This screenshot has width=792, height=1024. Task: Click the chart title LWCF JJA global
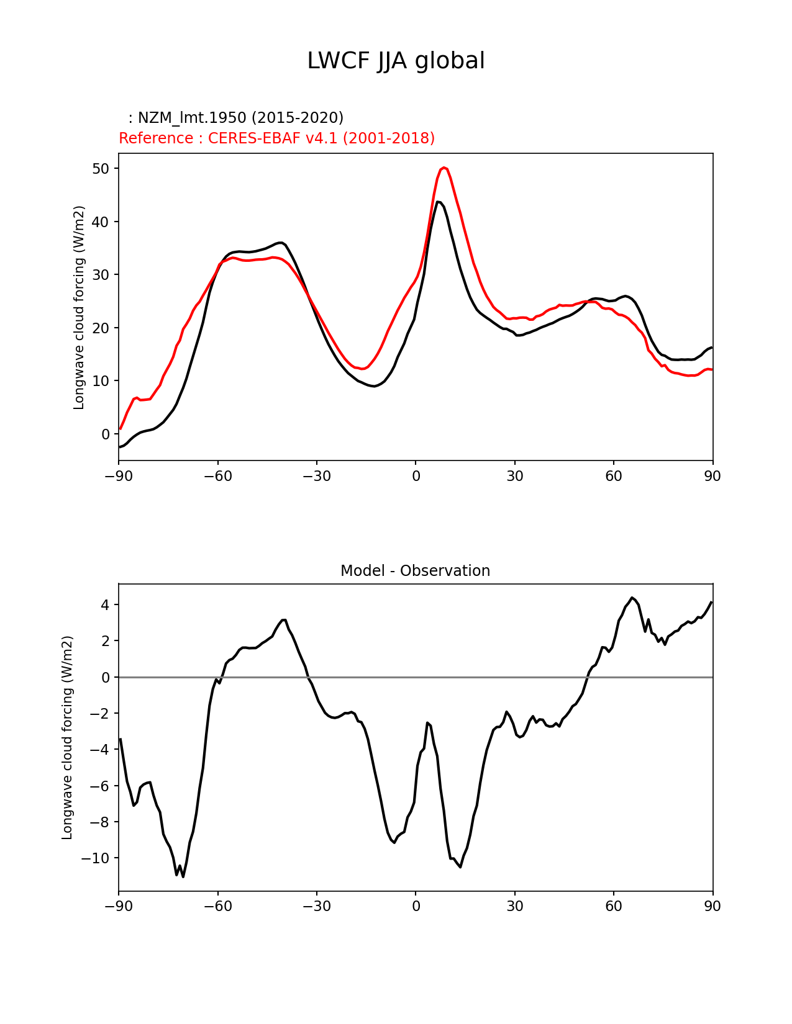396,61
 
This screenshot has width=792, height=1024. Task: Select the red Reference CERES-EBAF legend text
276,138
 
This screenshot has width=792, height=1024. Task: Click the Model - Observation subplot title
415,571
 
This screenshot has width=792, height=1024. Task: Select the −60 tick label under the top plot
217,476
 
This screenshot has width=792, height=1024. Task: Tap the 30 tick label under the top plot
514,476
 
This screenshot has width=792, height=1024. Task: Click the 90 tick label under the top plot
712,476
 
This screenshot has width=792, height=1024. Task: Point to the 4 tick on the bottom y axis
106,605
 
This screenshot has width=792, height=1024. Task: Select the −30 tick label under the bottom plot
316,906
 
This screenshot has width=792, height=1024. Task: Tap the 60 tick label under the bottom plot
614,906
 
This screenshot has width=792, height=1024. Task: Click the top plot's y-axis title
79,307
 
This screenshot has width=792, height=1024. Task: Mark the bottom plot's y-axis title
67,737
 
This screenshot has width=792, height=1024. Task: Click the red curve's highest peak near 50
444,168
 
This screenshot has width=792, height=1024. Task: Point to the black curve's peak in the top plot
438,202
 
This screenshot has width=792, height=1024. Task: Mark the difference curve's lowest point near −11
183,876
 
